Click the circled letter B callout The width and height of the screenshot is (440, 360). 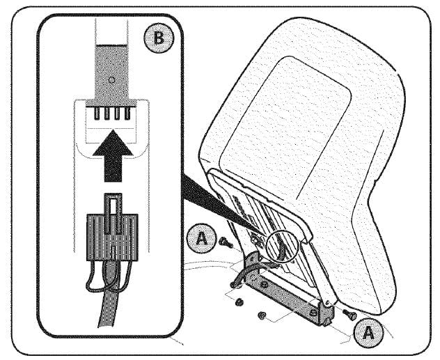coord(159,38)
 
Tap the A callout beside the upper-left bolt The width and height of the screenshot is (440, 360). coord(202,239)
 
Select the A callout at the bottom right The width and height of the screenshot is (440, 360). coord(368,333)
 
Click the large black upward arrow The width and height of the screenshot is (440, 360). coord(113,156)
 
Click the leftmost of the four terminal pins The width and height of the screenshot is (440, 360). coord(97,114)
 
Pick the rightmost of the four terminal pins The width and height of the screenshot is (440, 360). coord(127,114)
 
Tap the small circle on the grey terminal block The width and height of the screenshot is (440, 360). coord(111,80)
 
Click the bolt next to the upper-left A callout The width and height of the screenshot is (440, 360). coord(226,242)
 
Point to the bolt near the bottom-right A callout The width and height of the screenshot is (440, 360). coord(349,313)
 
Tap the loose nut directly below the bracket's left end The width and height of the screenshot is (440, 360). coord(239,302)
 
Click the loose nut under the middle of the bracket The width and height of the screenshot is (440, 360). coord(262,315)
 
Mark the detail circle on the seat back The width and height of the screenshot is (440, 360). coord(283,246)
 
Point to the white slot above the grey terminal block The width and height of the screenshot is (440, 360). coord(111,31)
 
